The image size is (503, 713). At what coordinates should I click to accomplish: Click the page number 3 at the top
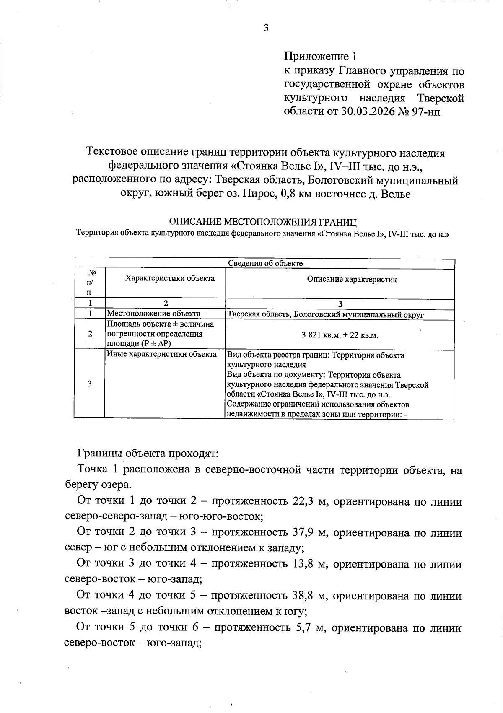click(266, 29)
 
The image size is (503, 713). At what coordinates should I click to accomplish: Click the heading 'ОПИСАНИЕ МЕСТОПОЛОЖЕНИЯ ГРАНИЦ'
click(262, 222)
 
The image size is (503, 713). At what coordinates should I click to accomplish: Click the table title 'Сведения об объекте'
click(265, 263)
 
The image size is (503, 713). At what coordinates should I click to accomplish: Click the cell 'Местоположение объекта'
click(153, 314)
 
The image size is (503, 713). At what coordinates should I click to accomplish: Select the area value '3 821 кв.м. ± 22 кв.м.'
click(340, 335)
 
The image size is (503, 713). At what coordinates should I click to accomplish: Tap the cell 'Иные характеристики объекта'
click(162, 354)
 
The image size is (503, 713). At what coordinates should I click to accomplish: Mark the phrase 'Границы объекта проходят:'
click(147, 454)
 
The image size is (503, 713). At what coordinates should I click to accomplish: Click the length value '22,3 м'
click(308, 502)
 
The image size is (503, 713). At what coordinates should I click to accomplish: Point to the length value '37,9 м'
click(308, 533)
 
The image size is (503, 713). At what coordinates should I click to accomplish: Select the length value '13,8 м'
click(308, 564)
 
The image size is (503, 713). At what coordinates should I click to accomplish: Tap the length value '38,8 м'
click(308, 596)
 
